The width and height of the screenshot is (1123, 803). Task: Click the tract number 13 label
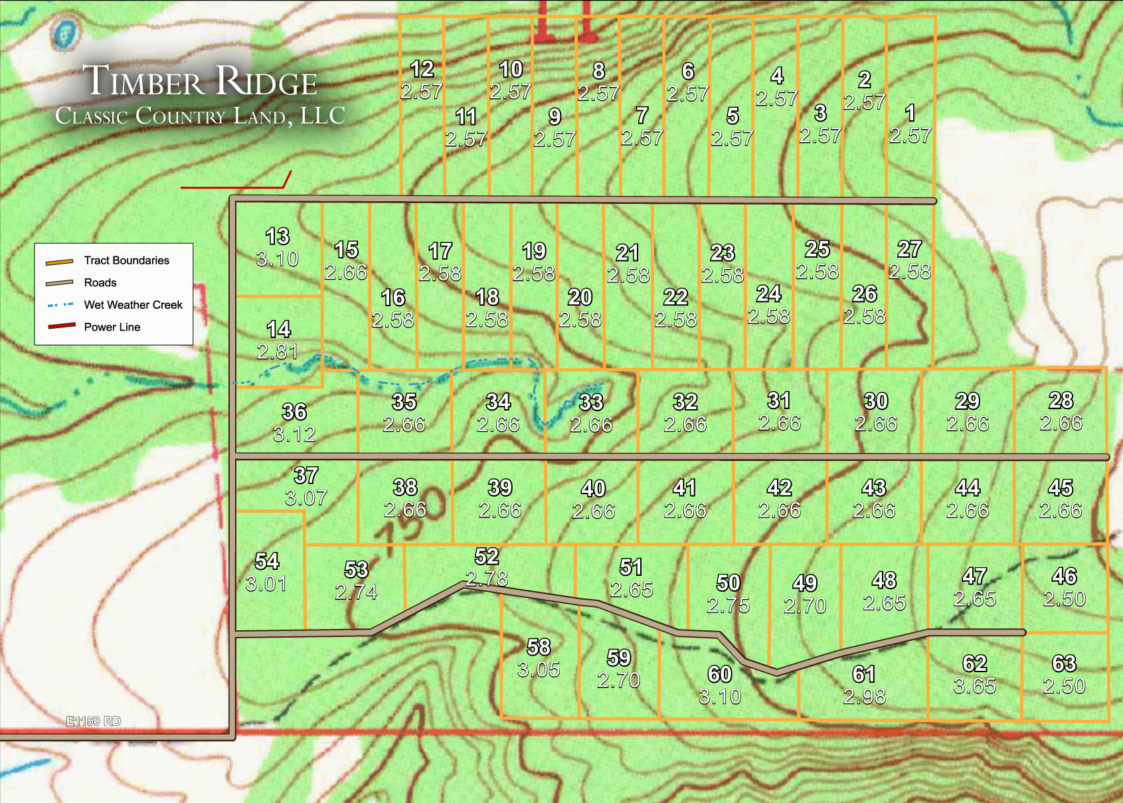[278, 236]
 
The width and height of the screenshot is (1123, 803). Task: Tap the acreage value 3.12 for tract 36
[294, 434]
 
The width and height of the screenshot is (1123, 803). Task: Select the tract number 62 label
[974, 663]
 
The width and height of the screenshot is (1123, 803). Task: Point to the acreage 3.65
[974, 685]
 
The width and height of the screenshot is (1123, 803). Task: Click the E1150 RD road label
[94, 721]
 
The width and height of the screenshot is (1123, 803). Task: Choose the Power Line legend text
[112, 327]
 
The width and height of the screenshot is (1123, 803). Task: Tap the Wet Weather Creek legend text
[133, 305]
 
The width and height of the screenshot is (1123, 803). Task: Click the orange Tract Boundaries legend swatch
[59, 261]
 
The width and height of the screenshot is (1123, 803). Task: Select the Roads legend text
[100, 282]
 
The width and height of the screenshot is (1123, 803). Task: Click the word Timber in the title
[144, 81]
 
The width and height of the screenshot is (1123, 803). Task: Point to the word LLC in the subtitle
[323, 116]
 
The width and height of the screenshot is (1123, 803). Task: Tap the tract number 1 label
[910, 112]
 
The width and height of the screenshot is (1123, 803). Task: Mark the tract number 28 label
[1061, 400]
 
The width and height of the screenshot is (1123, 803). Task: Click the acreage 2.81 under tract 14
[278, 351]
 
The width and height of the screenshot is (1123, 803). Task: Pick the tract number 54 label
[267, 561]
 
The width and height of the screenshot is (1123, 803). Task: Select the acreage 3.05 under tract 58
[539, 669]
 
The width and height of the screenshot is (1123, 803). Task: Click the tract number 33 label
[590, 402]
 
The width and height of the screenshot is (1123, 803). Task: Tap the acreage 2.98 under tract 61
[864, 696]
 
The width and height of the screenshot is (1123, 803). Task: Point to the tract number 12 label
[422, 68]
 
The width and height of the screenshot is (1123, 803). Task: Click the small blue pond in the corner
[64, 33]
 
